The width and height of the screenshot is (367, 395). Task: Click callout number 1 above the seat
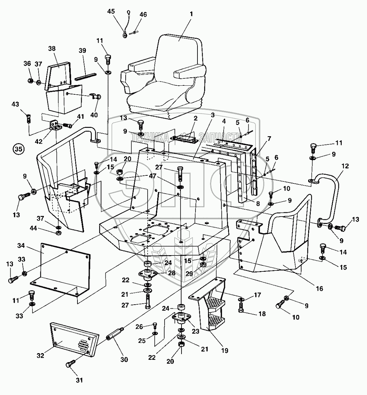(x=191, y=14)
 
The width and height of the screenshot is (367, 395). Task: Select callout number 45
(x=111, y=11)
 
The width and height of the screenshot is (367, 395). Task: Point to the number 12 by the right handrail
(x=345, y=166)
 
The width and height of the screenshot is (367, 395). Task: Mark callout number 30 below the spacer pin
(x=124, y=360)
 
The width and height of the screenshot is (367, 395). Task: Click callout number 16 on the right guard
(x=319, y=289)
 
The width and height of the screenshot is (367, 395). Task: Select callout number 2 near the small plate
(x=196, y=118)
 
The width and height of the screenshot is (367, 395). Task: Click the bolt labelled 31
(x=70, y=365)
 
